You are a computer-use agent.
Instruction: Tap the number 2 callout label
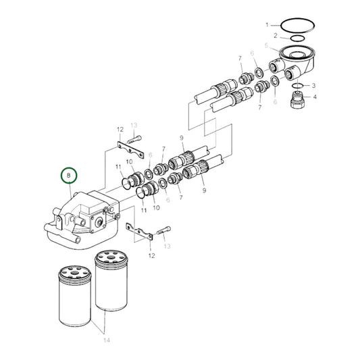275,36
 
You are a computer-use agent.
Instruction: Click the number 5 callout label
267,46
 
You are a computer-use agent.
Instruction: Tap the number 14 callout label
105,342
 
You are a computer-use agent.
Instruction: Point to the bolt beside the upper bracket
133,140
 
